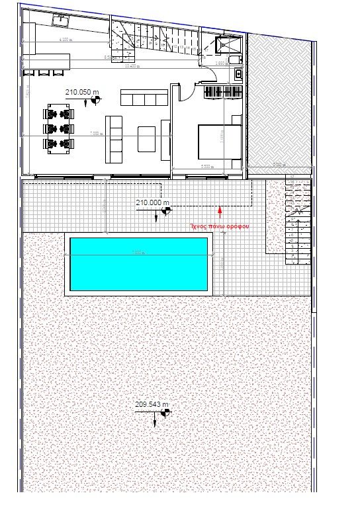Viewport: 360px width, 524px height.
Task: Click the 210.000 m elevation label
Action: pyautogui.click(x=152, y=202)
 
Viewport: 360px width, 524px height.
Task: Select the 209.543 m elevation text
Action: pyautogui.click(x=152, y=404)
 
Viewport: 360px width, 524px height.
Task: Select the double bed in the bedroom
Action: pyautogui.click(x=219, y=141)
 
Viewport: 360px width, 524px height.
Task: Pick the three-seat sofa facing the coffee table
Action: pyautogui.click(x=114, y=139)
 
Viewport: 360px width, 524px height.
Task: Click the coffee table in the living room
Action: pyautogui.click(x=148, y=139)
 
